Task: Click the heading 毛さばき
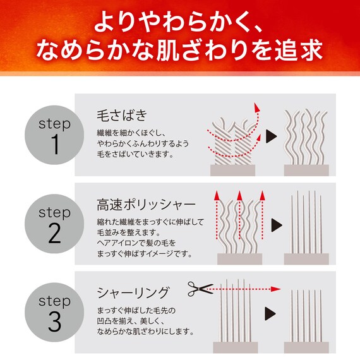click(122, 116)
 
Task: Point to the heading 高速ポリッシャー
click(147, 205)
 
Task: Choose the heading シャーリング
click(133, 292)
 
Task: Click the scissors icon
click(201, 289)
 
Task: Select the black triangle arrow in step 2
click(275, 225)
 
